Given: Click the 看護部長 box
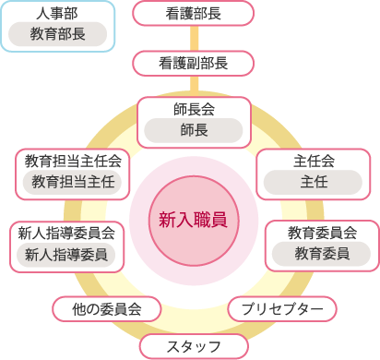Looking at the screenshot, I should [x=193, y=14].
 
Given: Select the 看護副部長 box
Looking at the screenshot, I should [x=193, y=63].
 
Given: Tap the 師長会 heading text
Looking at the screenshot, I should [x=193, y=109].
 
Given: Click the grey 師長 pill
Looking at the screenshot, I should [x=193, y=130].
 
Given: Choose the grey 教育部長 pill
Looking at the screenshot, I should [x=57, y=36].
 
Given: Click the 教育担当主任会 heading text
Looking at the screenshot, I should [x=74, y=161].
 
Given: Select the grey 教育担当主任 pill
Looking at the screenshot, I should [x=74, y=181].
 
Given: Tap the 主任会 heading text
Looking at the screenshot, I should [x=314, y=161].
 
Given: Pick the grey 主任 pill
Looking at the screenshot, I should [x=314, y=181].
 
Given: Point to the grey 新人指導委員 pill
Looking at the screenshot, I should [x=66, y=253].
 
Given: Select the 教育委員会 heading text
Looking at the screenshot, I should [x=321, y=232].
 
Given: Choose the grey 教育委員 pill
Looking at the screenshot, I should [x=321, y=253].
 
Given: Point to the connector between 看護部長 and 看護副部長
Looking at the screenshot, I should [x=193, y=38].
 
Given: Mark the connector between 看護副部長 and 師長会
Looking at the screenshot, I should [x=193, y=85].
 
